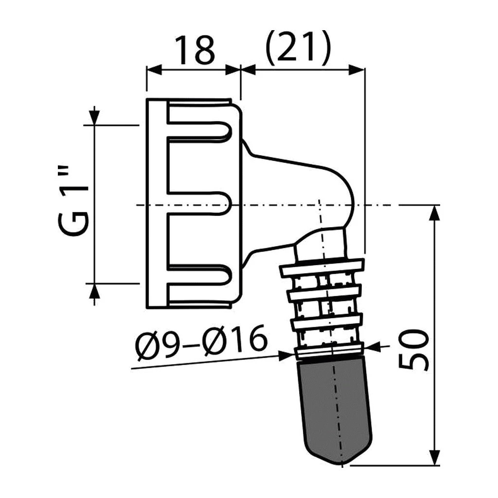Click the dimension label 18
(x=195, y=50)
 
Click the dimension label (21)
(x=298, y=48)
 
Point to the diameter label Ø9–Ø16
(x=201, y=343)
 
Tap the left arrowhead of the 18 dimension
(x=154, y=70)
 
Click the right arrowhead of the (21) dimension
(x=356, y=70)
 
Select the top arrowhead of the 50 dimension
(x=434, y=213)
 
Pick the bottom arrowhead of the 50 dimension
(x=434, y=458)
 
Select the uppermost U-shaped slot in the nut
(x=198, y=130)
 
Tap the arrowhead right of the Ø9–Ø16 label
(x=286, y=356)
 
